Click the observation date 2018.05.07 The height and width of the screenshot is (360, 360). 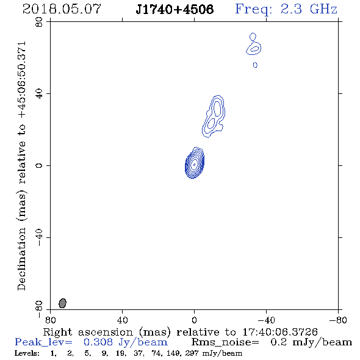pos(62,9)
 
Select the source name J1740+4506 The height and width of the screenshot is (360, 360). pos(175,9)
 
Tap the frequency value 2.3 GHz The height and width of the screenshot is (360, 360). pos(309,9)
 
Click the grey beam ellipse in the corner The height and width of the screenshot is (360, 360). pos(62,303)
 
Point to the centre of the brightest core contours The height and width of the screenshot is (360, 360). pos(194,164)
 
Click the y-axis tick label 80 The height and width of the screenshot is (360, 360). pos(39,22)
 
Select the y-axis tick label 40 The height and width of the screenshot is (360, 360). pos(39,94)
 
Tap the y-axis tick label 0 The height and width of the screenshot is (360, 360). pos(39,165)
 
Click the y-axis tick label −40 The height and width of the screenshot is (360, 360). pos(39,237)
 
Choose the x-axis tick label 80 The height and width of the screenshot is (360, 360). pos(50,320)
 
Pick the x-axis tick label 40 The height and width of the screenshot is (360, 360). pos(122,320)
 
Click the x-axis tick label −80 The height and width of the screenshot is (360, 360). pos(337,320)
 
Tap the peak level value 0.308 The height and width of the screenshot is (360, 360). pos(98,342)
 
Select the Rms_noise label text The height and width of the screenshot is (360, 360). pos(225,342)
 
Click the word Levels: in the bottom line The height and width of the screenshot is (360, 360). pos(27,353)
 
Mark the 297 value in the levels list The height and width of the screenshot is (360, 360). pos(192,353)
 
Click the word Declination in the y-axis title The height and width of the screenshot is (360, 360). pos(21,259)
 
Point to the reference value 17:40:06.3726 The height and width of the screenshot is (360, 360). pos(280,332)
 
